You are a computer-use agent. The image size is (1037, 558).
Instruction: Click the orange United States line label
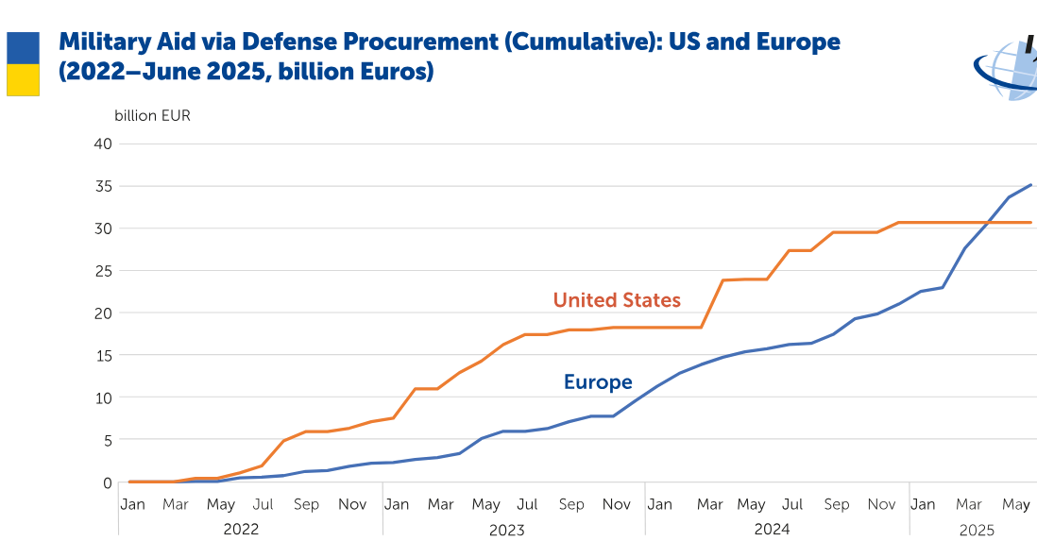(x=617, y=300)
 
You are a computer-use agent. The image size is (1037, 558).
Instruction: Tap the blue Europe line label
(x=598, y=382)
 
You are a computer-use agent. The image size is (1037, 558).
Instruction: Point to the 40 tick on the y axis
(x=103, y=144)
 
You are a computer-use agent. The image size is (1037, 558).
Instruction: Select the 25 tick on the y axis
(x=103, y=271)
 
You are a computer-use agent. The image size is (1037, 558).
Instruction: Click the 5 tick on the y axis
(x=107, y=440)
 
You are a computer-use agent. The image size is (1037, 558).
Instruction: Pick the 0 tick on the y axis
(x=107, y=482)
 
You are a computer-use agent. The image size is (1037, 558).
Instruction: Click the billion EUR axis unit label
(x=152, y=116)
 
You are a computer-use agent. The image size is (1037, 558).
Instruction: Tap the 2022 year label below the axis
(x=241, y=530)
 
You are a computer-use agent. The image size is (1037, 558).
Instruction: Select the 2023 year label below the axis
(x=506, y=530)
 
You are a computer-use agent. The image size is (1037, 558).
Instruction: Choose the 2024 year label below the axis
(x=772, y=530)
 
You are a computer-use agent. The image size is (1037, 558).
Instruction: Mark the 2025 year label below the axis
(x=977, y=530)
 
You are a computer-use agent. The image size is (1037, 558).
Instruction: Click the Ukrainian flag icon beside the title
(x=23, y=64)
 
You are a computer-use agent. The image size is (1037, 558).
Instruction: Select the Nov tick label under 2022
(x=352, y=504)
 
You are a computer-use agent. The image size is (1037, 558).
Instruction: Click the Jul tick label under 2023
(x=528, y=504)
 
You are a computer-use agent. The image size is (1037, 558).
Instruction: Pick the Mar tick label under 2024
(x=709, y=504)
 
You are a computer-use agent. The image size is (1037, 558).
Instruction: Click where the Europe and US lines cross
(x=986, y=223)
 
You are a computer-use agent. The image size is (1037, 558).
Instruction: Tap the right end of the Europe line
(x=1030, y=185)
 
